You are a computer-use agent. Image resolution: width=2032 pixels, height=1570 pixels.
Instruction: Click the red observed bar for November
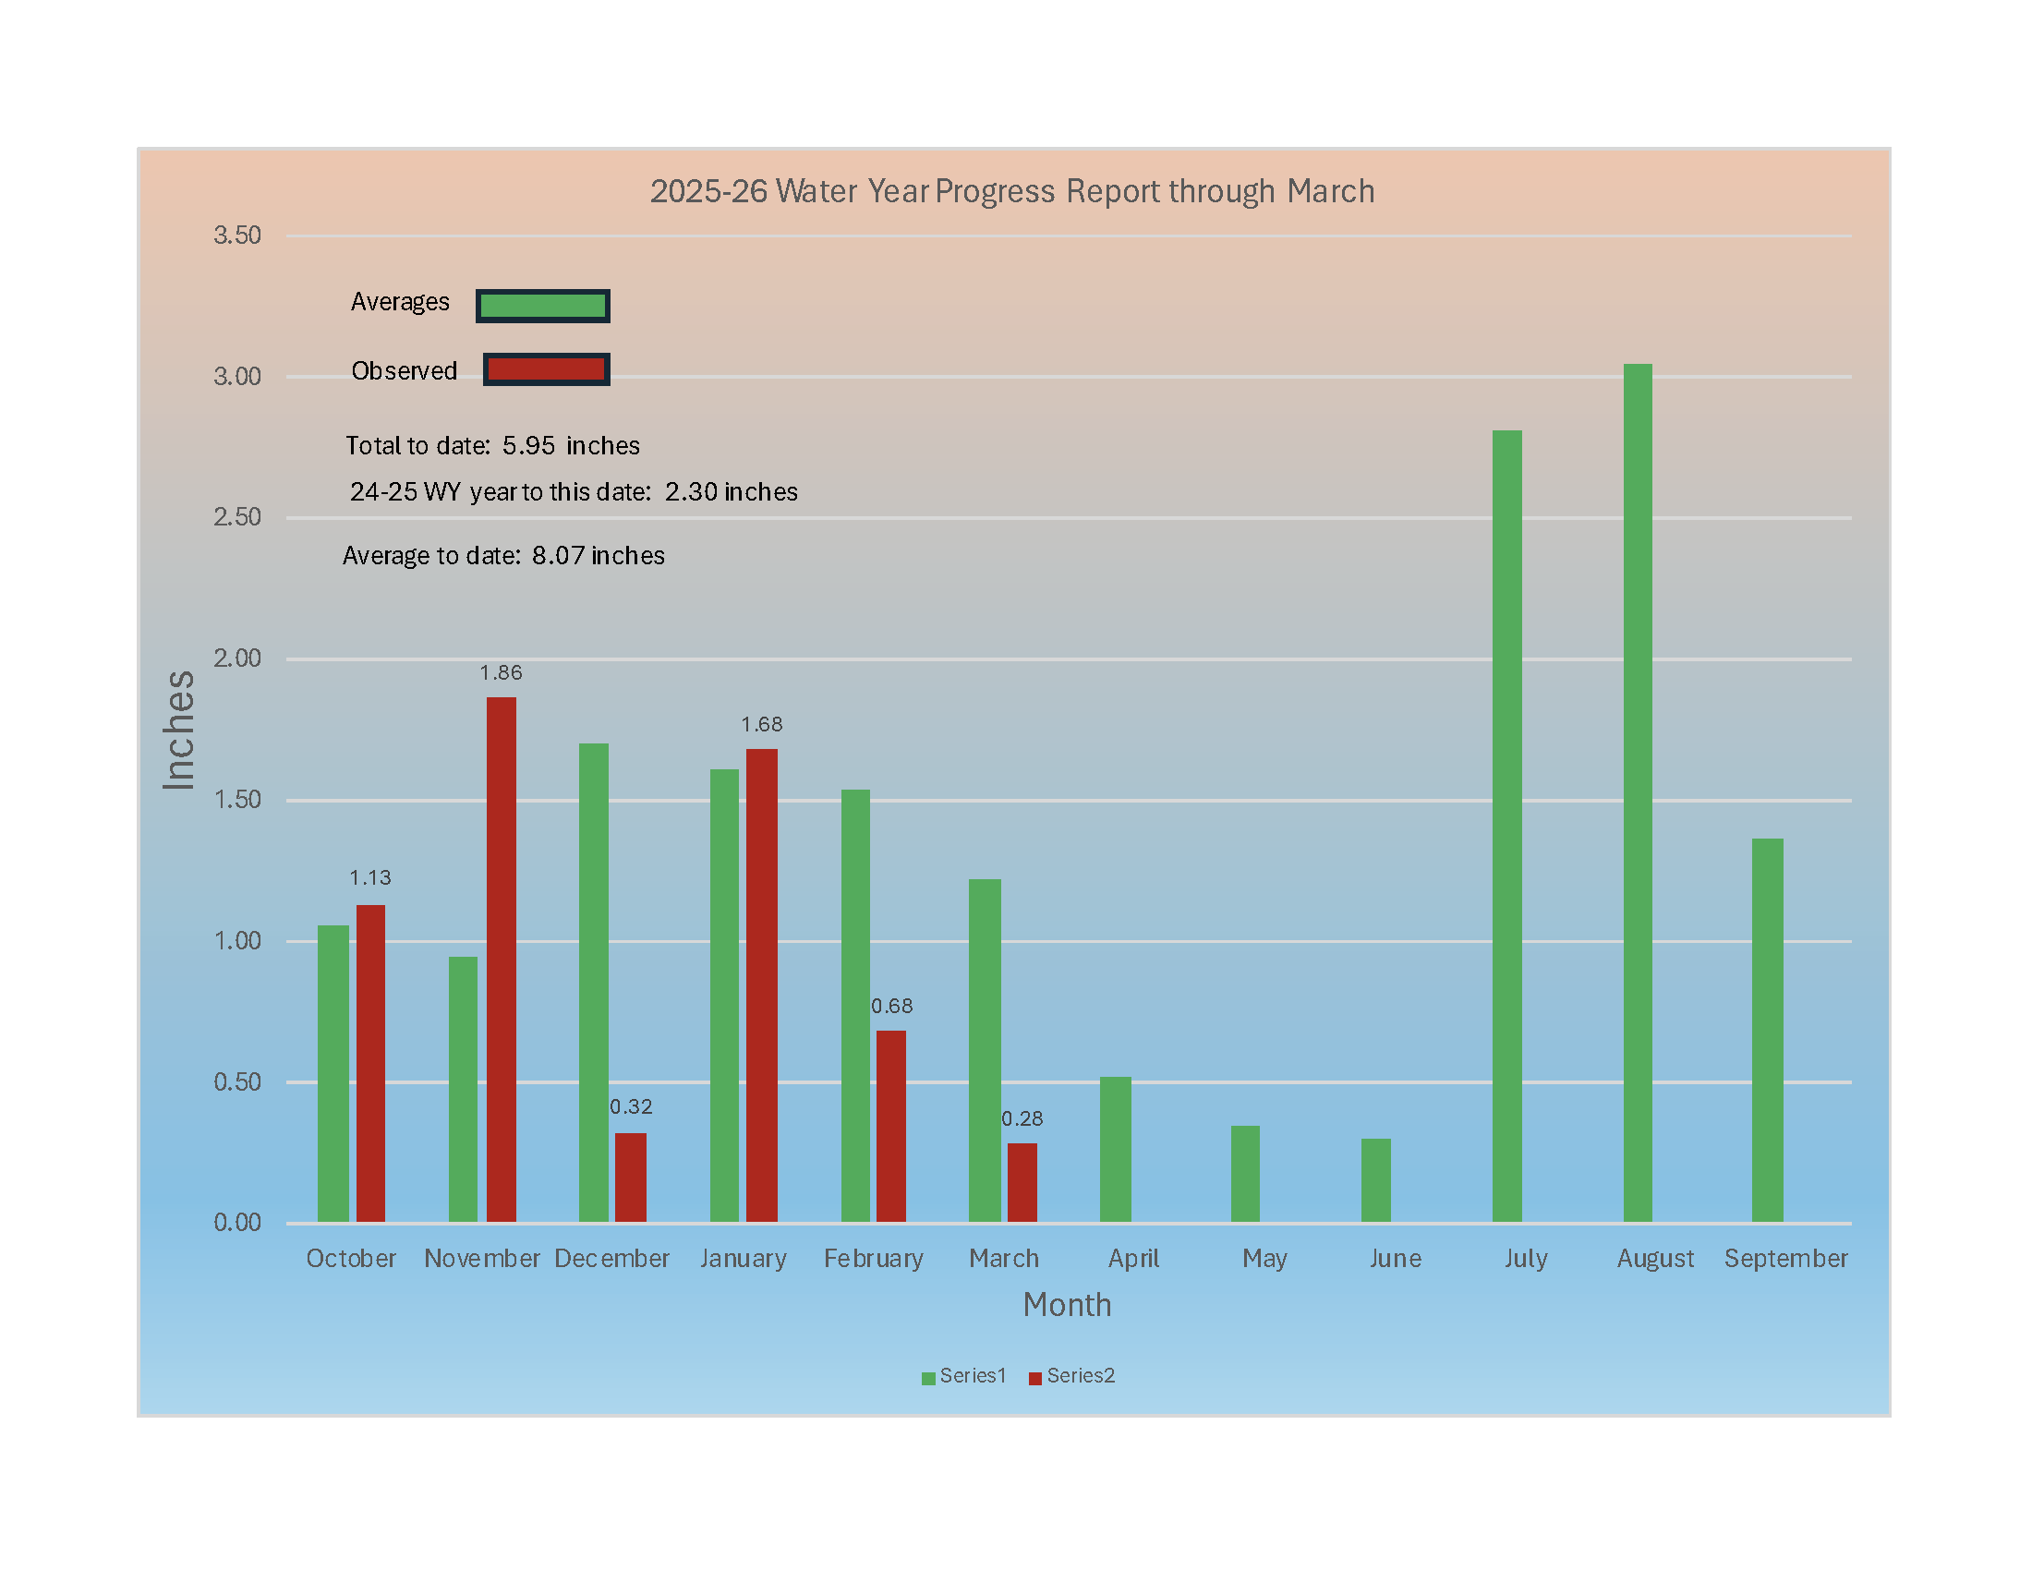pos(501,958)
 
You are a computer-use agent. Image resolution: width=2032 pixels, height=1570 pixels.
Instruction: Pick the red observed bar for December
pos(630,1177)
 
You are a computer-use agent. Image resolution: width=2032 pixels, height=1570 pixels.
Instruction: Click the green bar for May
pos(1245,1173)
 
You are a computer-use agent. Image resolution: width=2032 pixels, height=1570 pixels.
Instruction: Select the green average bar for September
pos(1767,1030)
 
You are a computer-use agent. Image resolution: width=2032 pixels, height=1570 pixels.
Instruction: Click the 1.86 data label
pos(501,672)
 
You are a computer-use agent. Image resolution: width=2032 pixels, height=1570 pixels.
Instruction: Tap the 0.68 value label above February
pos(891,1006)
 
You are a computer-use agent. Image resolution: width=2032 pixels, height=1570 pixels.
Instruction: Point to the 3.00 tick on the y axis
pos(237,377)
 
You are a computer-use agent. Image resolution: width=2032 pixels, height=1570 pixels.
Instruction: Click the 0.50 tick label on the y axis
pos(237,1081)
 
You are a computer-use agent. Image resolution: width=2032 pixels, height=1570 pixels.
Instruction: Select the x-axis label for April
pos(1133,1259)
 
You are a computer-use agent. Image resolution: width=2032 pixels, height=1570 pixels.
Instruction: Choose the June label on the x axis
pos(1395,1259)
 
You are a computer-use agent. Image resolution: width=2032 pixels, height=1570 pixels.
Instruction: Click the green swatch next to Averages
pos(542,306)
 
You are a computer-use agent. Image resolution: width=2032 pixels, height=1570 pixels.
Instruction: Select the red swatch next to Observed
pos(546,369)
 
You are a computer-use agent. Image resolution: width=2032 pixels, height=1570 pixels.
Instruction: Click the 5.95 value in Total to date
pos(528,445)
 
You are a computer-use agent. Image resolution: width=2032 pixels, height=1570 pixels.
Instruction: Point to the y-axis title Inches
pos(177,731)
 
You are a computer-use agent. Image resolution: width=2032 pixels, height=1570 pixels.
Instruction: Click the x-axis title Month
pos(1066,1305)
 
